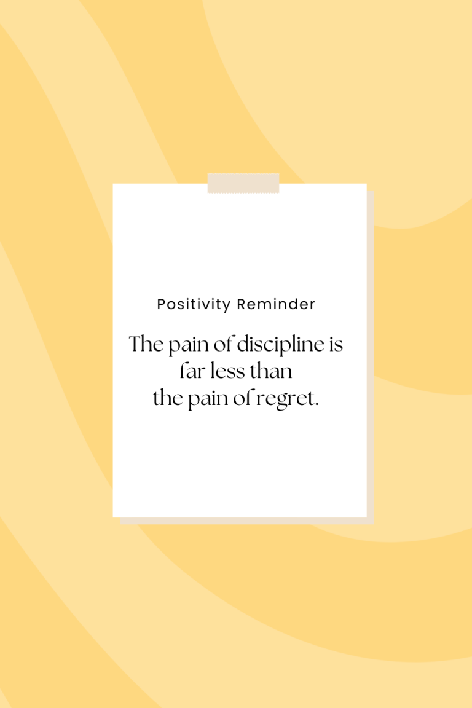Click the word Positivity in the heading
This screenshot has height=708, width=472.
[x=194, y=304]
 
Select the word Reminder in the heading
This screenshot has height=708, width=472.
[x=276, y=304]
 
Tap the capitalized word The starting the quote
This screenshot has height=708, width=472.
[x=146, y=345]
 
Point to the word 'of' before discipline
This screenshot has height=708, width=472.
[x=224, y=345]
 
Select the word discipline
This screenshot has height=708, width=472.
[x=280, y=346]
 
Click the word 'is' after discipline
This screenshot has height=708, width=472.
[x=336, y=345]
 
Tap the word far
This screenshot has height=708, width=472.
[x=191, y=372]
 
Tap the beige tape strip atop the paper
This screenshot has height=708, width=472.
[x=243, y=183]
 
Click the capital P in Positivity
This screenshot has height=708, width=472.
[x=162, y=304]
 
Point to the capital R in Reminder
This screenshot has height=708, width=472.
[x=242, y=304]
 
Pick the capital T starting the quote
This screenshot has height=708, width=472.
[x=135, y=345]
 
